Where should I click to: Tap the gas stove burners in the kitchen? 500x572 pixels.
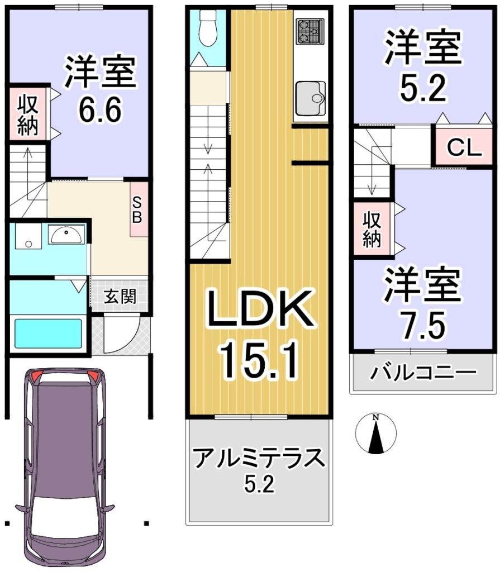tap(309, 31)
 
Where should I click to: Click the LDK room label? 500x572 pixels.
tap(260, 309)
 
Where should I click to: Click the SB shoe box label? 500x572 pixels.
tap(137, 210)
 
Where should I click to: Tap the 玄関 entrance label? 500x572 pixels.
tap(120, 296)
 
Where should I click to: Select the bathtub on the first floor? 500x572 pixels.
tap(48, 333)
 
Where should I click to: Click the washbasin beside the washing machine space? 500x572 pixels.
tap(66, 234)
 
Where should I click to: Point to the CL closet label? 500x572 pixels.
tap(465, 147)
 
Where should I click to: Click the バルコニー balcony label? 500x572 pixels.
tap(423, 373)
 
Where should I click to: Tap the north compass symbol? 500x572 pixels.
tap(376, 433)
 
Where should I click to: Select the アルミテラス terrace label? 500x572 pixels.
tap(259, 458)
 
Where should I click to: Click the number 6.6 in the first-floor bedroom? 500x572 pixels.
tap(100, 109)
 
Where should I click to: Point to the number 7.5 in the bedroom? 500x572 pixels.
tap(423, 325)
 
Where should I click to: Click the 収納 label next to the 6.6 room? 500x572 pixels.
tap(28, 114)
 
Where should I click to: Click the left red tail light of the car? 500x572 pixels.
tap(36, 376)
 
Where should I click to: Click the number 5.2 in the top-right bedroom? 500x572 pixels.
tap(423, 89)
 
